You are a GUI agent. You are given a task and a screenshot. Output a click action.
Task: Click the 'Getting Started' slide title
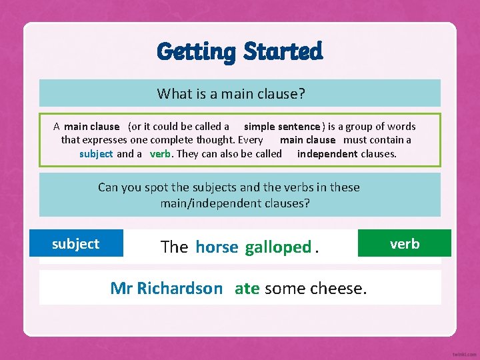240,51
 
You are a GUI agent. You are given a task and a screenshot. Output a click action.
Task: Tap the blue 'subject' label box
76,244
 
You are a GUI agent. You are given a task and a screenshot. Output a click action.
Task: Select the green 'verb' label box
405,244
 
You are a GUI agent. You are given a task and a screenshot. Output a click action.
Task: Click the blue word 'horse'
217,247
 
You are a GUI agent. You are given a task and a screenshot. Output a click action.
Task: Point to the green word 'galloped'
278,247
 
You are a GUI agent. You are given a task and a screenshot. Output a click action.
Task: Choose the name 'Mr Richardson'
166,289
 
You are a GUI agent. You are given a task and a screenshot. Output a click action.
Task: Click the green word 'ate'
247,289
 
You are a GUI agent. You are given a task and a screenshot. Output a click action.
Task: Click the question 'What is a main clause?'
231,94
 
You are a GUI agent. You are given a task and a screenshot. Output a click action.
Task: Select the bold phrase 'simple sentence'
282,127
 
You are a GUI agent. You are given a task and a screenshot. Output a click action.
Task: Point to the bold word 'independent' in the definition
327,154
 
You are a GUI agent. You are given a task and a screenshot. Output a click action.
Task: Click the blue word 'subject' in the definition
96,154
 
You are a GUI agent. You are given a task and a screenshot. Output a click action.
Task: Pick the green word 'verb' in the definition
160,154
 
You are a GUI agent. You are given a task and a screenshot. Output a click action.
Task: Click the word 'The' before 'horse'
175,247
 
